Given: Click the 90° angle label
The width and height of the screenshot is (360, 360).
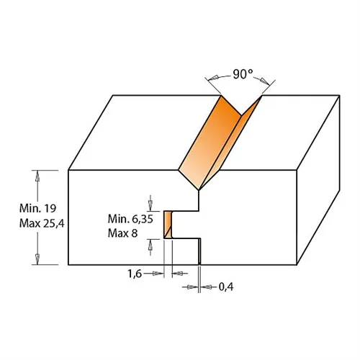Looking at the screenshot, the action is tap(243, 74).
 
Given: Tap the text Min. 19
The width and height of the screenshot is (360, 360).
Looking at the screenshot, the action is tap(37, 208).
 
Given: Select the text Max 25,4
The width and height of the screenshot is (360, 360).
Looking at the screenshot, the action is tap(42, 223).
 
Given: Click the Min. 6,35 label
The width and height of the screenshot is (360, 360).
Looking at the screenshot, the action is tap(130, 219).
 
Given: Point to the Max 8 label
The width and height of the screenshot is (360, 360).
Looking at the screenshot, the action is tap(122, 233).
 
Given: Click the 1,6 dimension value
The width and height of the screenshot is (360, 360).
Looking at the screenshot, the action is tap(135, 274).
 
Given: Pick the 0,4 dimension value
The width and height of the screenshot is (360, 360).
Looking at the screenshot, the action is tap(226, 287).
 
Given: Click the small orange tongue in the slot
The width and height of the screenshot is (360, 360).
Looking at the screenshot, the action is tap(168, 225).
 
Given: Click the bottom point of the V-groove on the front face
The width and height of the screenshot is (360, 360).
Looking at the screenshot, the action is tap(199, 191).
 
